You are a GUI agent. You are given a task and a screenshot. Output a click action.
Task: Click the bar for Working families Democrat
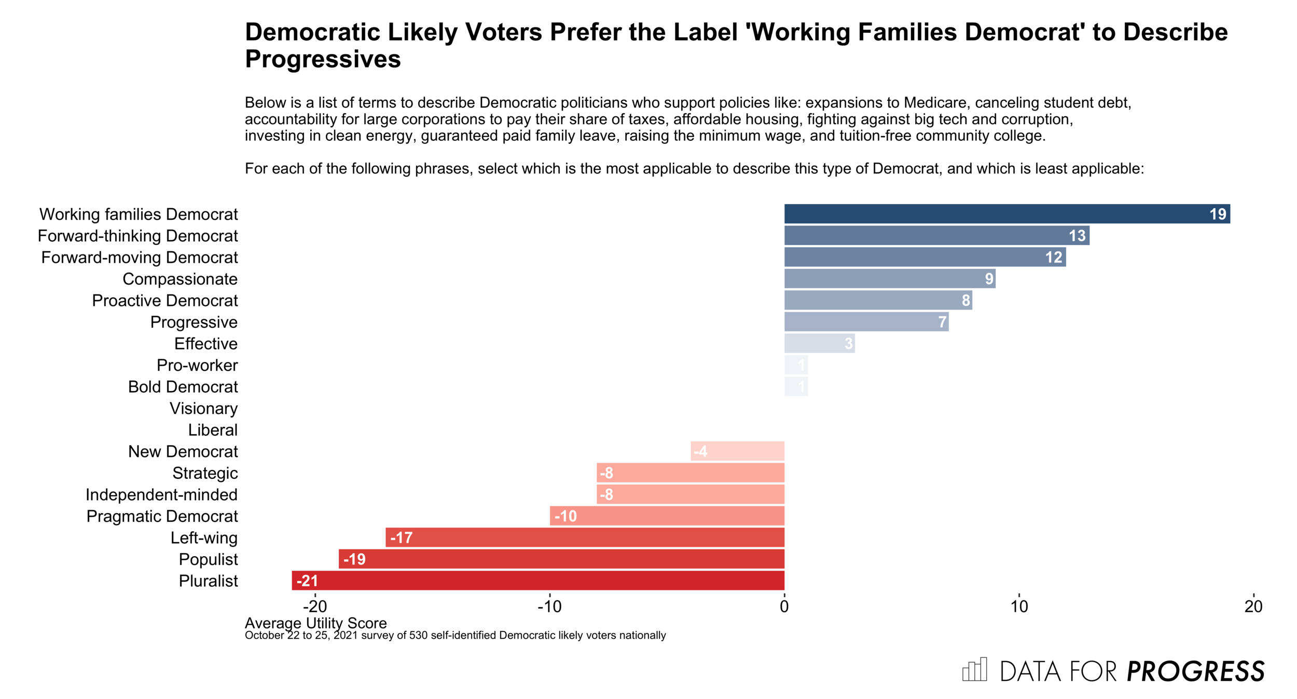point(1006,214)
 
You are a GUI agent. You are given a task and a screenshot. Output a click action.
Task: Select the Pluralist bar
point(538,581)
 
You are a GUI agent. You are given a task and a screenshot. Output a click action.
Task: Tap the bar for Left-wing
point(585,537)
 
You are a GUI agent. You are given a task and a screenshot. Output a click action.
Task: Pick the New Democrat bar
point(737,451)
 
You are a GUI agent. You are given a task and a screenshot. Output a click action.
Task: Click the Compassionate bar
point(889,279)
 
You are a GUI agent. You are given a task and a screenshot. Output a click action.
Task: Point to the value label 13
point(1077,236)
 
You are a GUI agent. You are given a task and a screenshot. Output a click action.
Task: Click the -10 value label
point(565,516)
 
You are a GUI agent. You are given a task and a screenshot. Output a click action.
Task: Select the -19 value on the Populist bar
point(354,559)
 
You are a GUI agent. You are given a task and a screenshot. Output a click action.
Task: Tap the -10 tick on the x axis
point(549,607)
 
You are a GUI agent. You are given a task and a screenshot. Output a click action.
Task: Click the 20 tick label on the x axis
point(1253,607)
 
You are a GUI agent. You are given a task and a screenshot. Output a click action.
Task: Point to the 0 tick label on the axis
point(784,607)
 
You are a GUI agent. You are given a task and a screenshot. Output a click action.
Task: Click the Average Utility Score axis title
point(315,623)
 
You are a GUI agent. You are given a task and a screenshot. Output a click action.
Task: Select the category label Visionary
point(203,409)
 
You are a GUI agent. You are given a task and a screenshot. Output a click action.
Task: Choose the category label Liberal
point(213,430)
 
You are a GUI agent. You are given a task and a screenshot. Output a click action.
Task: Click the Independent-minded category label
point(161,495)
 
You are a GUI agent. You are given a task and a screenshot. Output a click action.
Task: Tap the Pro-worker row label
point(197,366)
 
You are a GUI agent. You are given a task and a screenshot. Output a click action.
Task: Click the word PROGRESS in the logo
point(1196,671)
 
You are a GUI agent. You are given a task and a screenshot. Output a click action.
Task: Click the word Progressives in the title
point(323,59)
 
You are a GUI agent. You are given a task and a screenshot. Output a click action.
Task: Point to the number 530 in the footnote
point(418,636)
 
